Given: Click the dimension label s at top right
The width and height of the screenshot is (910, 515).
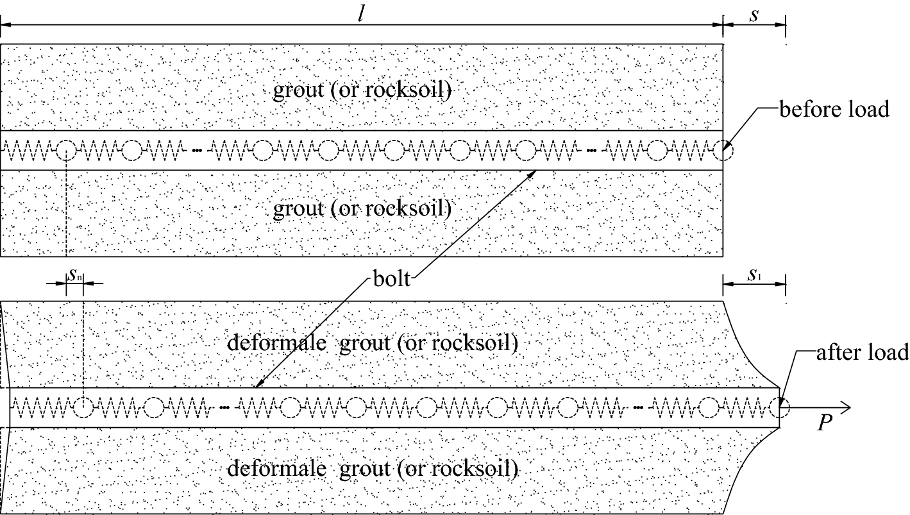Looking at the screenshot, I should click(x=754, y=14).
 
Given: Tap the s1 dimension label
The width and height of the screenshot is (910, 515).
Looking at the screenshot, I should click(x=754, y=274).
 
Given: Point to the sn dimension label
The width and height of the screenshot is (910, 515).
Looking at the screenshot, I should click(x=74, y=274).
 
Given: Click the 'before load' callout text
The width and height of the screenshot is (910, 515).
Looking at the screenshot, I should click(x=834, y=110).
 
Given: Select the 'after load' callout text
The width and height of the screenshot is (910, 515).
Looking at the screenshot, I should click(x=862, y=351).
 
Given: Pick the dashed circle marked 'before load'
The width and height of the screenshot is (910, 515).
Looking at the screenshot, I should click(x=723, y=151).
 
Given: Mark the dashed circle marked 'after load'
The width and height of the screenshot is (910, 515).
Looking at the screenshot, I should click(x=781, y=407).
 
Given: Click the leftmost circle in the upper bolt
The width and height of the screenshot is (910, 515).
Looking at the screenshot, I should click(x=66, y=151).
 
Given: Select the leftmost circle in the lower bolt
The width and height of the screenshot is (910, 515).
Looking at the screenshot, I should click(x=83, y=407).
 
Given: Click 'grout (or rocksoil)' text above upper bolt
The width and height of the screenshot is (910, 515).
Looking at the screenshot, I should click(x=362, y=90).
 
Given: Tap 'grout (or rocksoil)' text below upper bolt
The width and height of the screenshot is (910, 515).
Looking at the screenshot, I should click(x=362, y=209).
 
